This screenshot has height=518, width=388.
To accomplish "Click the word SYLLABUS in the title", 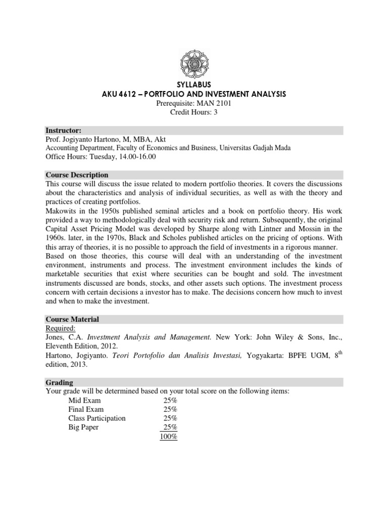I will pos(194,84).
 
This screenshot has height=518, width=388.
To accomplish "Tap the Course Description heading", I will pos(77,175).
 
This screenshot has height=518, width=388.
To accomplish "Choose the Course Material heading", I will pos(72,319).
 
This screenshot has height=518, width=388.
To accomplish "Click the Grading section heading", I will pos(59,382).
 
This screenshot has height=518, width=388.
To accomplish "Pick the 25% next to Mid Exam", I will pos(170,400).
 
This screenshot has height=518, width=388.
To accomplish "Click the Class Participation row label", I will pos(97,418).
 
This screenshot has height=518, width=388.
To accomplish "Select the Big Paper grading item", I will pos(84,427).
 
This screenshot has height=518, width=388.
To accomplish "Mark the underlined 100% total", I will pos(168,437).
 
